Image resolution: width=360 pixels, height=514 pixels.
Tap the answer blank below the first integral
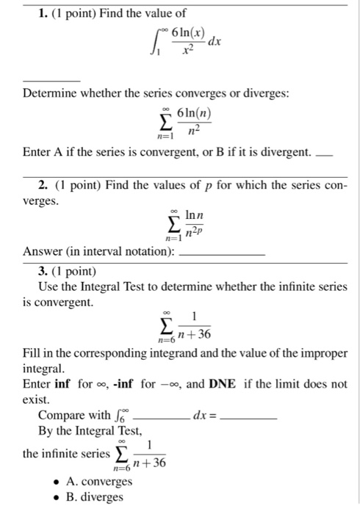pos(51,79)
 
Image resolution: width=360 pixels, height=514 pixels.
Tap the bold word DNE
pos(223,384)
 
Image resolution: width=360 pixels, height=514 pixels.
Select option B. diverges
pos(95,497)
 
